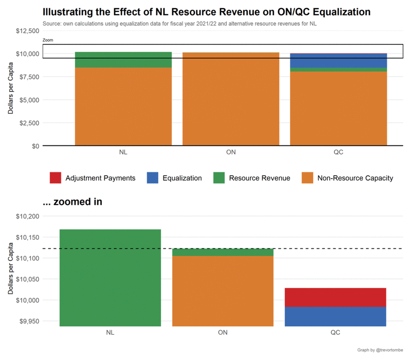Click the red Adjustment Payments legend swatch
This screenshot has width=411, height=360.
click(x=55, y=178)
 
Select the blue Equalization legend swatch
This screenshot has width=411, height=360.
click(x=152, y=178)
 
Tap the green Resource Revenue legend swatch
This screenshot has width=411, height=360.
click(x=219, y=178)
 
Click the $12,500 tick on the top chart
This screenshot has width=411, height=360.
click(x=26, y=31)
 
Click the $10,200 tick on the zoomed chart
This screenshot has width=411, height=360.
click(x=26, y=216)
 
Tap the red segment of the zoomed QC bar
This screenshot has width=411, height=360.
click(x=336, y=297)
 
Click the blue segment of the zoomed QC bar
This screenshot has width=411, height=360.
click(x=336, y=316)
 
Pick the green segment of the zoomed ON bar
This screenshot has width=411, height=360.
click(x=223, y=252)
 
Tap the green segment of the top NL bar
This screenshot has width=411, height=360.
click(x=124, y=60)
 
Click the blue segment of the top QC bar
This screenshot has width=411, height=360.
click(x=338, y=61)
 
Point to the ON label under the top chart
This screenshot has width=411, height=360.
click(x=231, y=153)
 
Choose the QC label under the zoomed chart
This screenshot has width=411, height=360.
click(x=336, y=333)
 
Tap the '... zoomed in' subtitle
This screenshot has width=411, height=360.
click(x=72, y=202)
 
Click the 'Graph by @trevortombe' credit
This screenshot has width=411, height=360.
click(x=380, y=350)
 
